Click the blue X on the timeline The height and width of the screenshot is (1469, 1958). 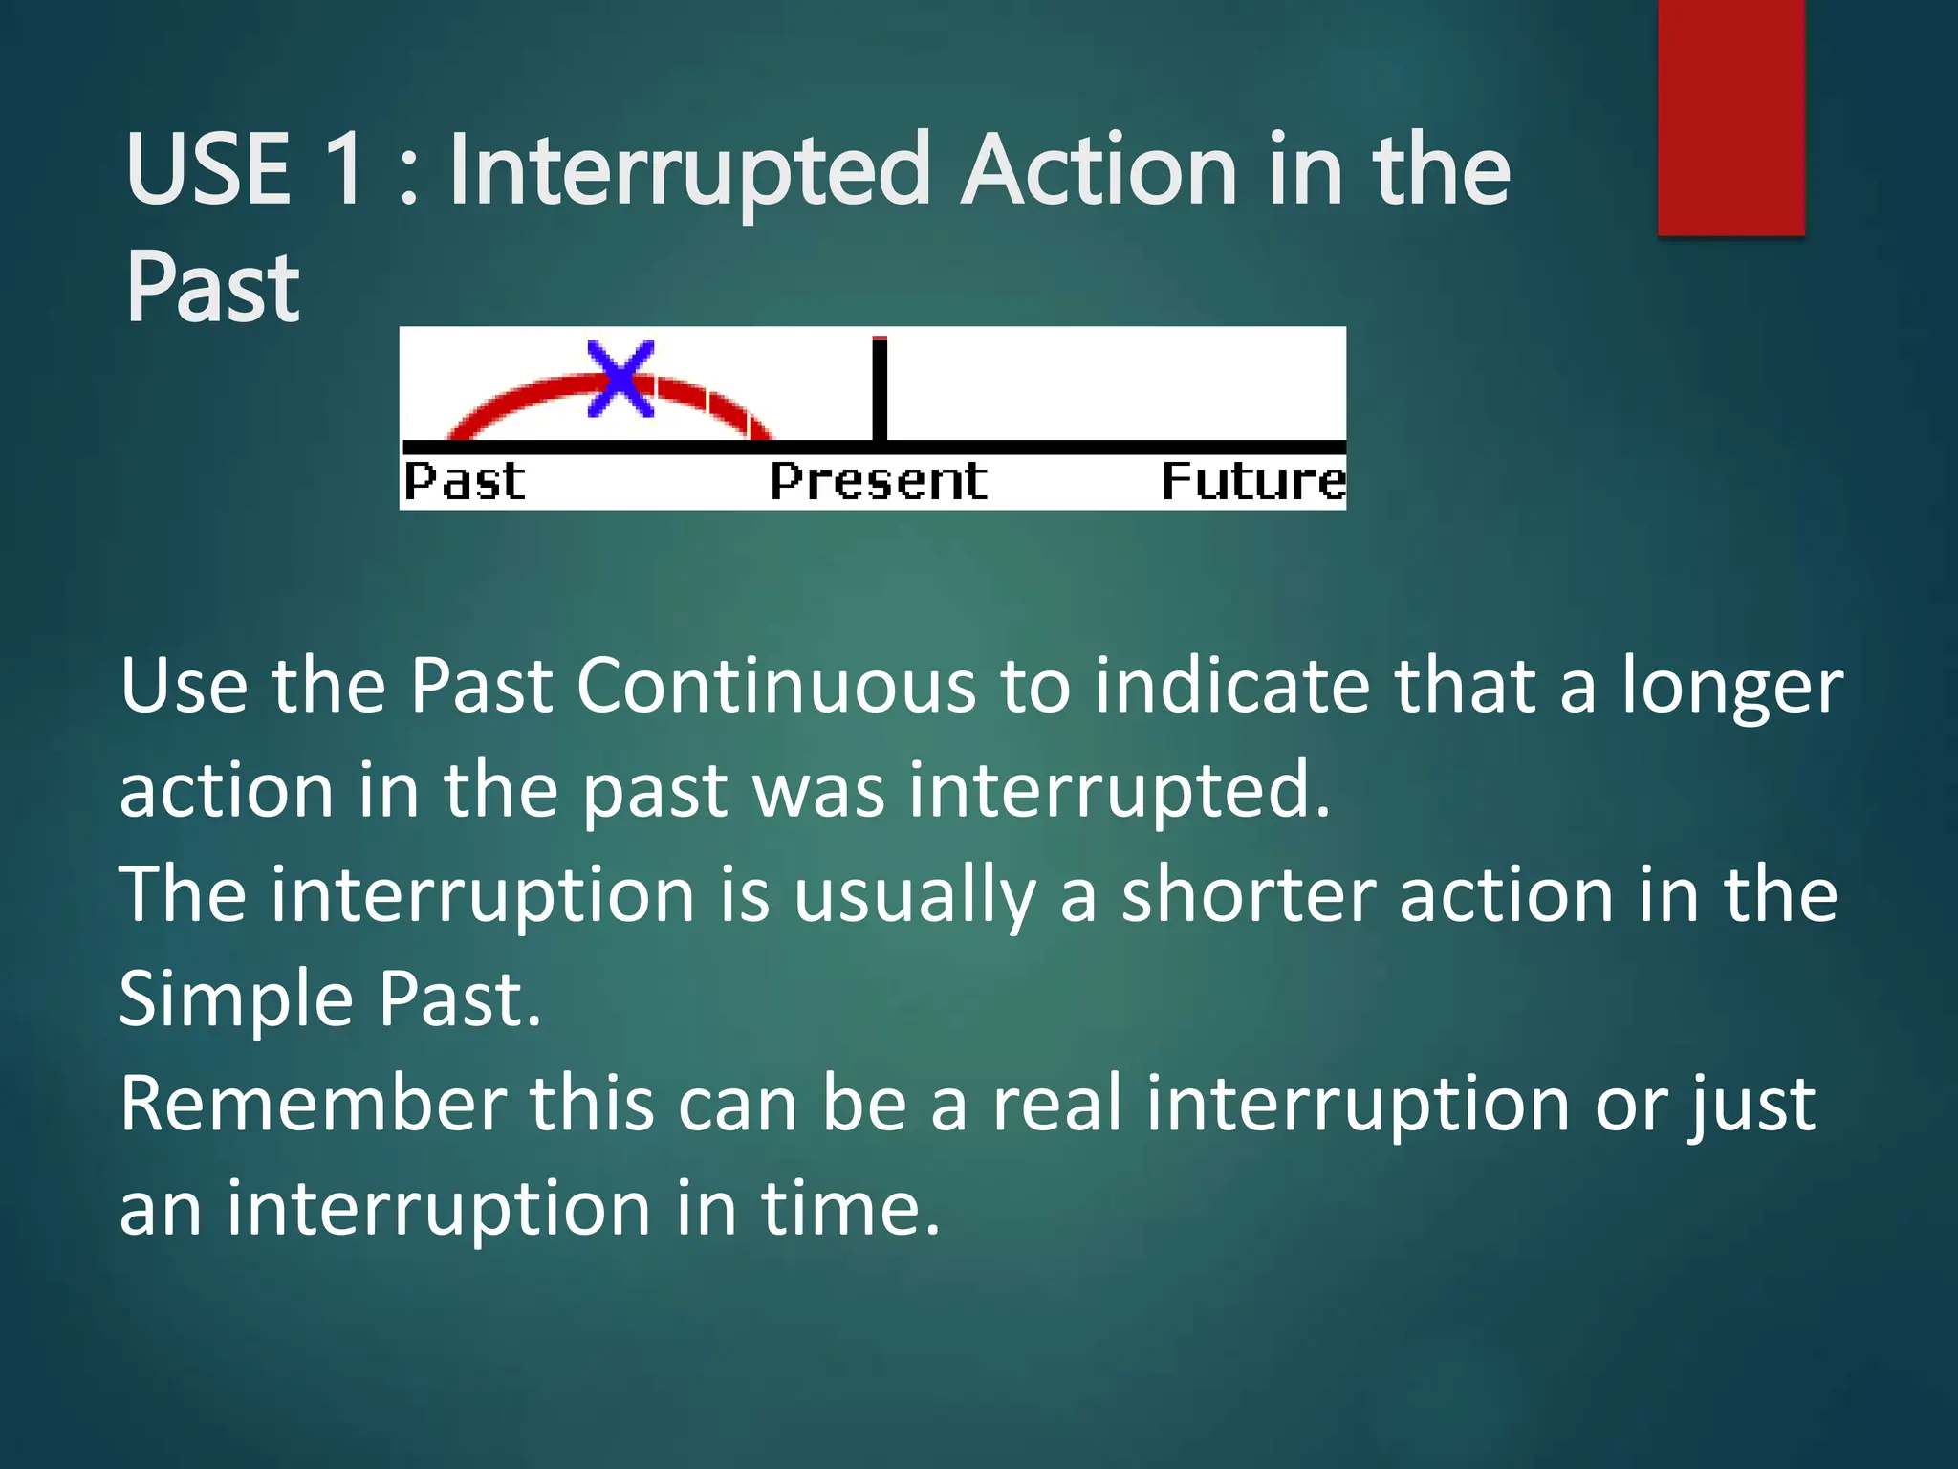[x=620, y=379]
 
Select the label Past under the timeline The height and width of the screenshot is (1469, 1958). [x=465, y=481]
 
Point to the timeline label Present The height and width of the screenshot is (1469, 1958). [x=879, y=481]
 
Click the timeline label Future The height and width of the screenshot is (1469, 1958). [x=1253, y=481]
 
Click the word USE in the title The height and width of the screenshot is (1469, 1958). [x=208, y=170]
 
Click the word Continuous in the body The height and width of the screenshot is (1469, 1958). [x=776, y=687]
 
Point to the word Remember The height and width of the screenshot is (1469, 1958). [x=314, y=1105]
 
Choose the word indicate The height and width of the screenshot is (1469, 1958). [x=1233, y=687]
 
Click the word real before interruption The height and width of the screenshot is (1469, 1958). [x=1056, y=1105]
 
